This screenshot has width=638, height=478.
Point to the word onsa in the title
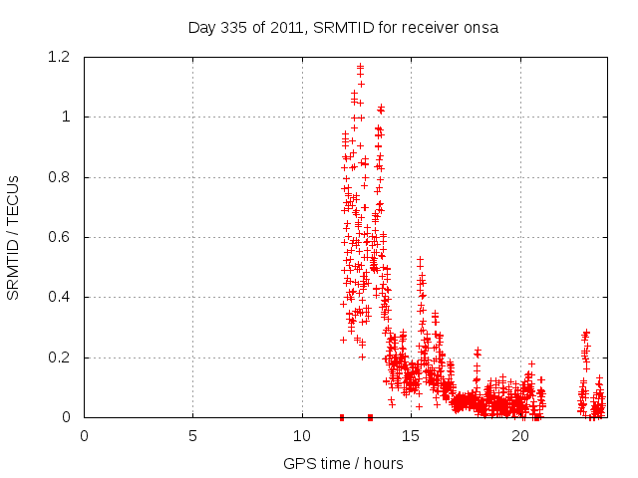[480, 27]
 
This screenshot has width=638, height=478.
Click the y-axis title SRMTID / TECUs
[14, 237]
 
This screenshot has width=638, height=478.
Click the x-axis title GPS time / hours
[343, 463]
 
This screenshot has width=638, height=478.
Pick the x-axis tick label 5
[192, 435]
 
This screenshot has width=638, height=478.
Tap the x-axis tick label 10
[302, 435]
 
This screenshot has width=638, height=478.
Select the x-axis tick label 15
[411, 435]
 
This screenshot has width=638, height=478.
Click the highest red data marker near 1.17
[360, 67]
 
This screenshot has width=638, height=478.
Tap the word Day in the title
[201, 27]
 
